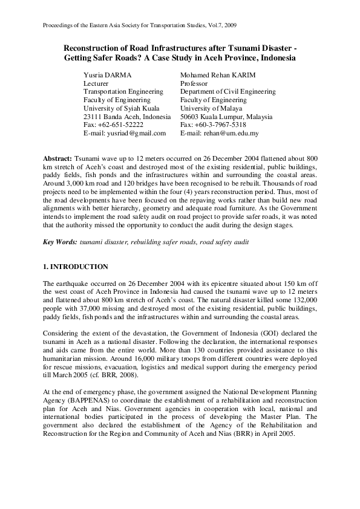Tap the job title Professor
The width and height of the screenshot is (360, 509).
195,83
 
